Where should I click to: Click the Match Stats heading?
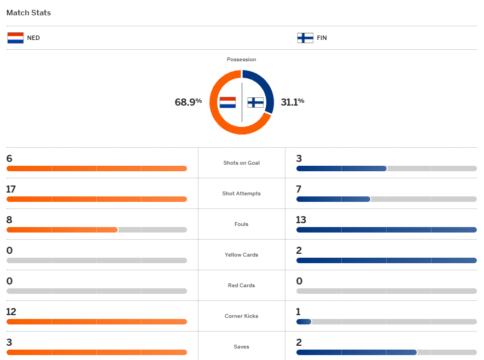point(28,13)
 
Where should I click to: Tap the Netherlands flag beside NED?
point(15,38)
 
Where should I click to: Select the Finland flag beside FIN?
point(305,38)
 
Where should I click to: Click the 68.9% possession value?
point(188,102)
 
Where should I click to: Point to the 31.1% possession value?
point(293,102)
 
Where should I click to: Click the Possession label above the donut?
point(241,59)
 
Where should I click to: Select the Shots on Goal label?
point(241,163)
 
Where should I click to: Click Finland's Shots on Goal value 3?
point(299,159)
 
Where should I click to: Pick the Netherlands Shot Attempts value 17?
point(11,189)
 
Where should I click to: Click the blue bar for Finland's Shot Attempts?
point(333,199)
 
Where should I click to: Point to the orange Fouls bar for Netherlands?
point(62,230)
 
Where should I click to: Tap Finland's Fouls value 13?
point(301,220)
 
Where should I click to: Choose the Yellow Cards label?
point(241,255)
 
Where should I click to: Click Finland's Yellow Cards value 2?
point(299,251)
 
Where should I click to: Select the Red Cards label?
point(241,286)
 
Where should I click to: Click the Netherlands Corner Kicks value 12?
point(11,312)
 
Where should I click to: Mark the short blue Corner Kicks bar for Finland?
point(304,322)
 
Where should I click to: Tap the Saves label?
point(241,347)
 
